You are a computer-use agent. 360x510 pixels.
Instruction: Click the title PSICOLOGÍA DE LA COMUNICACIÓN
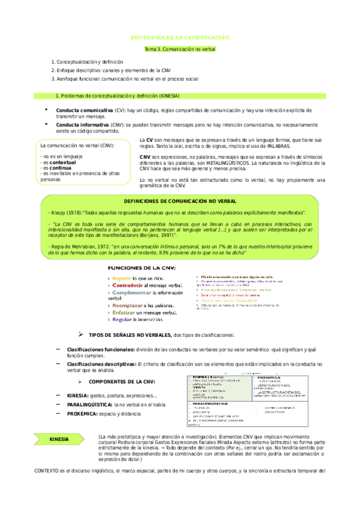click(180, 37)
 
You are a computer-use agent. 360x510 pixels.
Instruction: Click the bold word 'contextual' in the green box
click(63, 162)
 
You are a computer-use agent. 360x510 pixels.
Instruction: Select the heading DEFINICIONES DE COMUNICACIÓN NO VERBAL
click(180, 200)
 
